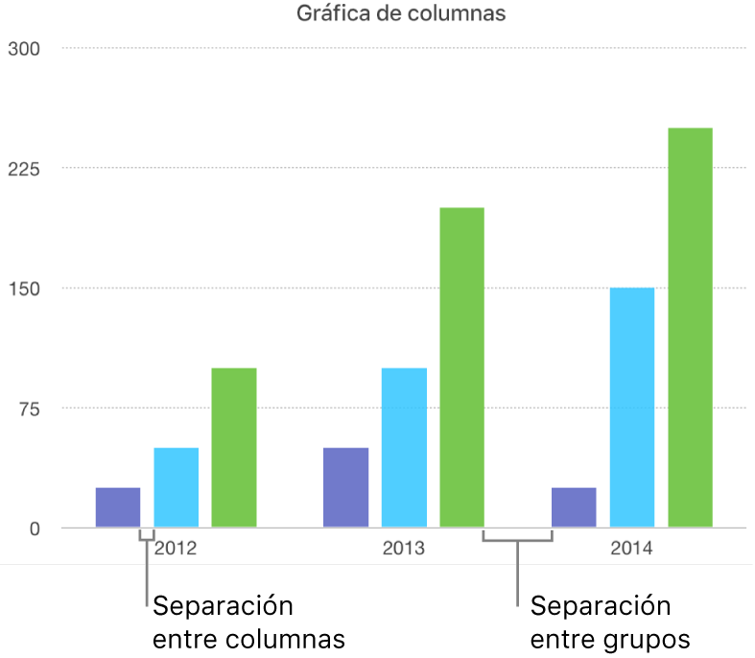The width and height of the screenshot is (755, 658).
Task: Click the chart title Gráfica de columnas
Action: pyautogui.click(x=401, y=14)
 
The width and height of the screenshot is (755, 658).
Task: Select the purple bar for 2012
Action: pyautogui.click(x=118, y=507)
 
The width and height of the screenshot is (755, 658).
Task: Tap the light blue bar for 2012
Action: pyautogui.click(x=177, y=487)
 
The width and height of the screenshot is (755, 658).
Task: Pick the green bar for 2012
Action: pyautogui.click(x=234, y=448)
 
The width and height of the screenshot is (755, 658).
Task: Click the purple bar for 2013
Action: pyautogui.click(x=345, y=487)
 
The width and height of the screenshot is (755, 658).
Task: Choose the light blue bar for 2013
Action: pyautogui.click(x=404, y=448)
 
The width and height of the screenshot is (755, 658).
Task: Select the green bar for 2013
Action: pyautogui.click(x=461, y=367)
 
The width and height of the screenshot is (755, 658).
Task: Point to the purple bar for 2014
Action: pyautogui.click(x=574, y=507)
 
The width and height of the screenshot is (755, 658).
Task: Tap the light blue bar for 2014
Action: pyautogui.click(x=632, y=408)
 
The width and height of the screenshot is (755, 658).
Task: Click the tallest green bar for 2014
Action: pyautogui.click(x=690, y=327)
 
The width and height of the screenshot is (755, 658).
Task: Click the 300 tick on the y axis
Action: pyautogui.click(x=23, y=48)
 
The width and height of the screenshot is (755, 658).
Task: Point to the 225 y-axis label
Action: pyautogui.click(x=23, y=168)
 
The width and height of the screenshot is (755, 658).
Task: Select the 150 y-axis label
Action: pyautogui.click(x=23, y=288)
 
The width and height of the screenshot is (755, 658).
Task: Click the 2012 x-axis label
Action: pyautogui.click(x=177, y=550)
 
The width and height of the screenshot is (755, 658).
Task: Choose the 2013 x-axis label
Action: pyautogui.click(x=404, y=550)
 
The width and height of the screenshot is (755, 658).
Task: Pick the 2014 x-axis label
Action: pyautogui.click(x=631, y=550)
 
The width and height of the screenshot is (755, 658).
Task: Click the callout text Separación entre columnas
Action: pyautogui.click(x=248, y=623)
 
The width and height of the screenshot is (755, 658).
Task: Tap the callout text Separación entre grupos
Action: pyautogui.click(x=610, y=623)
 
